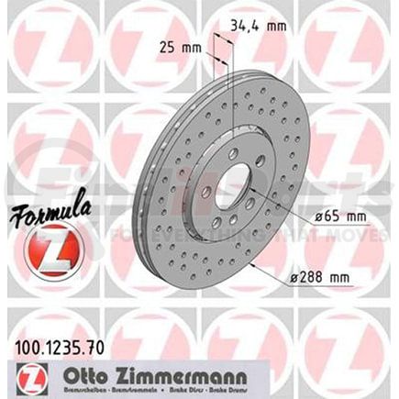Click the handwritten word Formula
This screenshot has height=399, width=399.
coord(46,218)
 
